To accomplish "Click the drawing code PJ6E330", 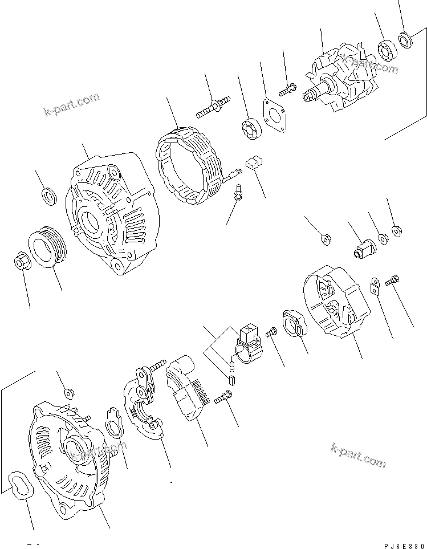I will point(401,545).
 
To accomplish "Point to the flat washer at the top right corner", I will point(406,40).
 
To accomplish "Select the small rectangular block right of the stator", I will point(253,164).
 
